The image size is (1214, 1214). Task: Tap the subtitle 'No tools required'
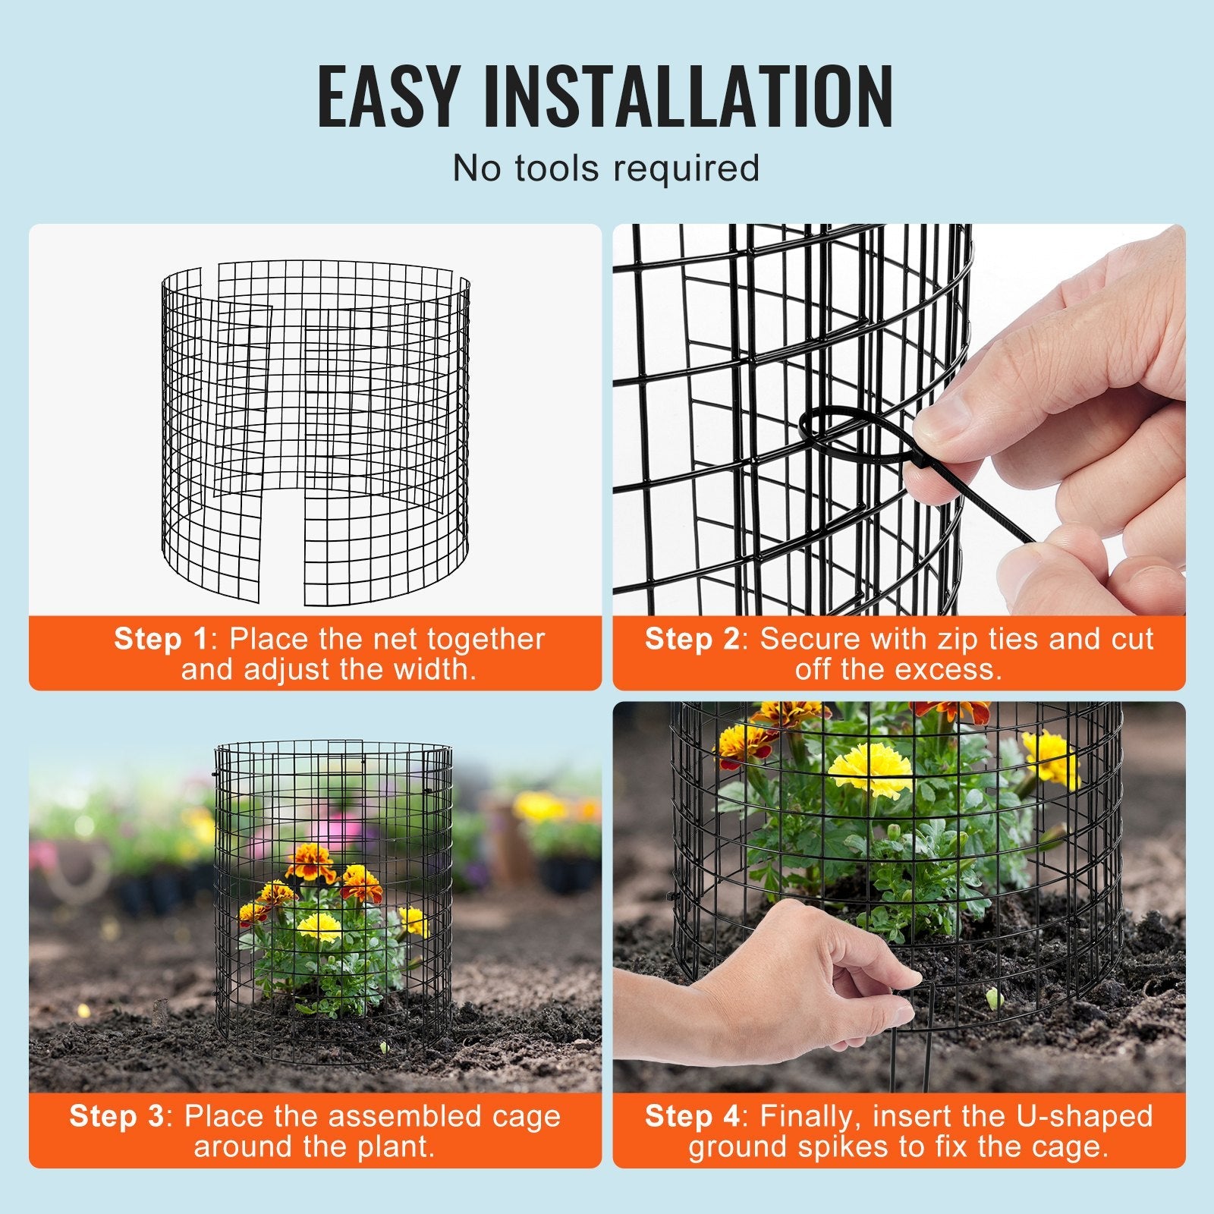[x=605, y=168]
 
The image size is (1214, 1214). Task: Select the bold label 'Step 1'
[x=160, y=639]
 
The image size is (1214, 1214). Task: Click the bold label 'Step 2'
[x=691, y=639]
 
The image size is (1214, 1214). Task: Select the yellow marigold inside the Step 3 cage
[x=318, y=926]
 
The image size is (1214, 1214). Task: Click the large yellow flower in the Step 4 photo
[x=870, y=768]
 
